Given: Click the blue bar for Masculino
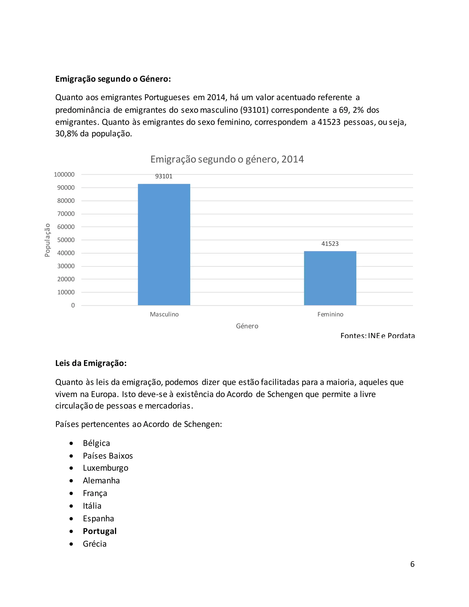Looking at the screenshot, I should tap(164, 245).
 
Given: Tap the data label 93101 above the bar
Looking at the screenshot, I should tap(164, 176).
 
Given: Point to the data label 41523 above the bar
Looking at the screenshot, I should tap(330, 244).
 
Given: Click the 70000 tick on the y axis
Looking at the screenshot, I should tap(66, 214).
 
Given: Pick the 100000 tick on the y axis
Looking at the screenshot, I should tap(64, 175).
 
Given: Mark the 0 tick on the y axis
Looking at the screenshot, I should tap(73, 305).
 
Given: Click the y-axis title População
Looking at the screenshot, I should tap(47, 240).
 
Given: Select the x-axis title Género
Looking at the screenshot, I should tap(247, 326).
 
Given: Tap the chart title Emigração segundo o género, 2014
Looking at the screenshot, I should tap(227, 159).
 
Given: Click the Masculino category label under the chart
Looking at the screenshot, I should tap(164, 314).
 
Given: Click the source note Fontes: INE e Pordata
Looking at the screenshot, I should tap(377, 336).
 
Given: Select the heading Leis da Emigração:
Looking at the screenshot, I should tap(91, 363).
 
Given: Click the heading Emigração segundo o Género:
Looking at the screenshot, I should tap(113, 79).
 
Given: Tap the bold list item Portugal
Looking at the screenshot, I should tap(99, 531).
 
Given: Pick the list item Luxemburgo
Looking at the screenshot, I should tap(105, 468).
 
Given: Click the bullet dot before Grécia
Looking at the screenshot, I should tap(71, 544).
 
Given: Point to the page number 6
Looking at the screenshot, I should tap(412, 564).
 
